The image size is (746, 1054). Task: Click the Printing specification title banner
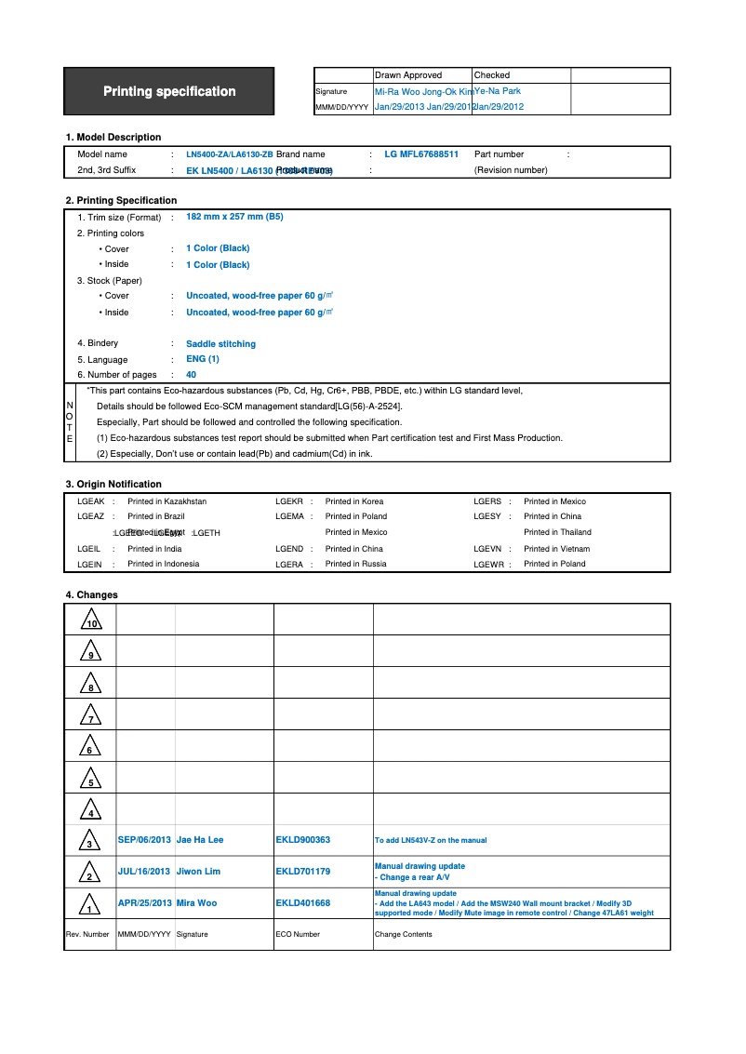point(169,91)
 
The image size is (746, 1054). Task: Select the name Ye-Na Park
point(499,91)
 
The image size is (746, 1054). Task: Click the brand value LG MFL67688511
point(421,154)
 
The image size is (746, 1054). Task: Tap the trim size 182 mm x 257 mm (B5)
point(234,217)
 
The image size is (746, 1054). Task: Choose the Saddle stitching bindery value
point(220,344)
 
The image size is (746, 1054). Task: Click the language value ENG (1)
point(203,359)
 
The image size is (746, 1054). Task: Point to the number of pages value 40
point(192,375)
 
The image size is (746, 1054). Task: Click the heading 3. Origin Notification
point(113,484)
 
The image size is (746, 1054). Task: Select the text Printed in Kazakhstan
point(167,501)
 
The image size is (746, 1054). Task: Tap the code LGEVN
point(488,549)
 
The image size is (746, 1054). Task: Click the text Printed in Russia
point(355,564)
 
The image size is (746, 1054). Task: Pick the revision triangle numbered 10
point(90,620)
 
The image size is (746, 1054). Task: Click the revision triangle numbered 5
point(90,778)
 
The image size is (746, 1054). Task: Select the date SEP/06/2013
point(144,840)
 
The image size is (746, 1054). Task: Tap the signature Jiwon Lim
point(198,872)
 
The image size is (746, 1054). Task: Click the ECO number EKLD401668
point(302,903)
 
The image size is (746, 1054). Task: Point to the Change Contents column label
point(403,934)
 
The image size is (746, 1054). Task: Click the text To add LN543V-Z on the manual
point(430,840)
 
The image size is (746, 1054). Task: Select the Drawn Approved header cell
point(408,75)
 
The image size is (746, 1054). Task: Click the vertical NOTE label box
point(69,421)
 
